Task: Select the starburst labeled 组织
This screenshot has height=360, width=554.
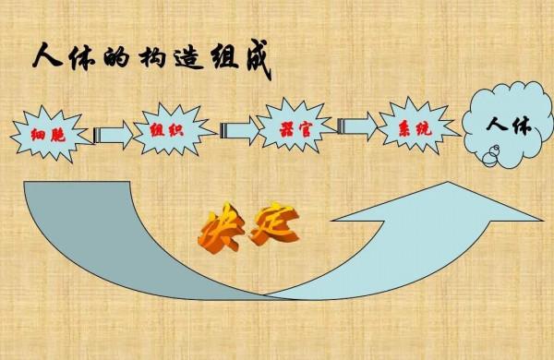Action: click(165, 129)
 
